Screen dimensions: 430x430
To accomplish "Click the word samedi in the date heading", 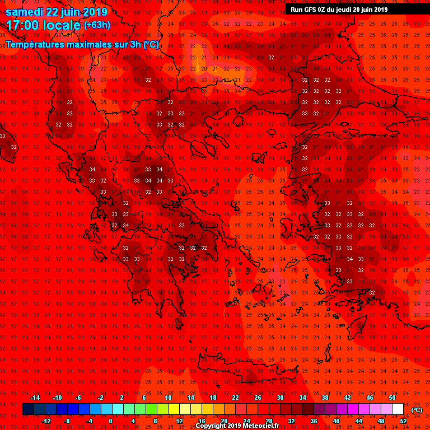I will [x=25, y=12].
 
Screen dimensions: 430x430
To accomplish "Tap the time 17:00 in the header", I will [x=25, y=25].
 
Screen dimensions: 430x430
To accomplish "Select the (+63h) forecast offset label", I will [x=97, y=25].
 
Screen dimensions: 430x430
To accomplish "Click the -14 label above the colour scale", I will [x=35, y=398].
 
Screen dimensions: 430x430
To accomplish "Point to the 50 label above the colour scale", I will [x=392, y=398].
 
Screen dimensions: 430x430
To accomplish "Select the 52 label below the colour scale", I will [x=403, y=420].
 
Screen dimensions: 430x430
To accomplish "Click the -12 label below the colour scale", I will [x=46, y=420].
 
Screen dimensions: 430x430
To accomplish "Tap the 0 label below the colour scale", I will [x=110, y=420].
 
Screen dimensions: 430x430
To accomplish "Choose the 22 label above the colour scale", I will [x=236, y=398].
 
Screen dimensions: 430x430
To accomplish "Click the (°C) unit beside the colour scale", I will [x=416, y=410].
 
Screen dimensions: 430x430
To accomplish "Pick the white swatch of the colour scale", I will [x=398, y=409].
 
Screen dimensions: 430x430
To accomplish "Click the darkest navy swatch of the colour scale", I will [x=28, y=409].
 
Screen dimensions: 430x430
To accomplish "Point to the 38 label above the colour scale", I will [x=325, y=398].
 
